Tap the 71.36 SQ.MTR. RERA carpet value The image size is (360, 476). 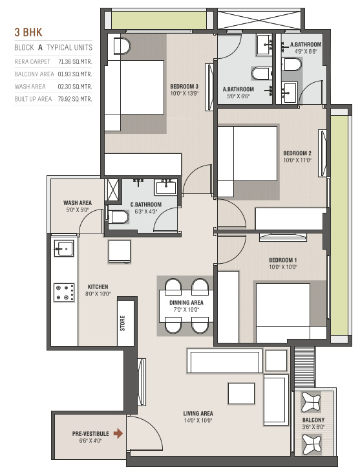coord(75,61)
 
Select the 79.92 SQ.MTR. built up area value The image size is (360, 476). coord(75,99)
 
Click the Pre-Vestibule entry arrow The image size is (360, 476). coord(118,434)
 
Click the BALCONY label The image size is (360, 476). coord(313,420)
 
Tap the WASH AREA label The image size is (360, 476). coord(78,202)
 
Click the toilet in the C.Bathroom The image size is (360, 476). coord(118,217)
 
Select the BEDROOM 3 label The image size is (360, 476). coord(184,86)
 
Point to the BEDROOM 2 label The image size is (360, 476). coord(297,153)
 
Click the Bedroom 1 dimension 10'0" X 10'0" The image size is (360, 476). coord(282,267)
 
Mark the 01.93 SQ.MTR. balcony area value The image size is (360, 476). coord(75,74)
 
